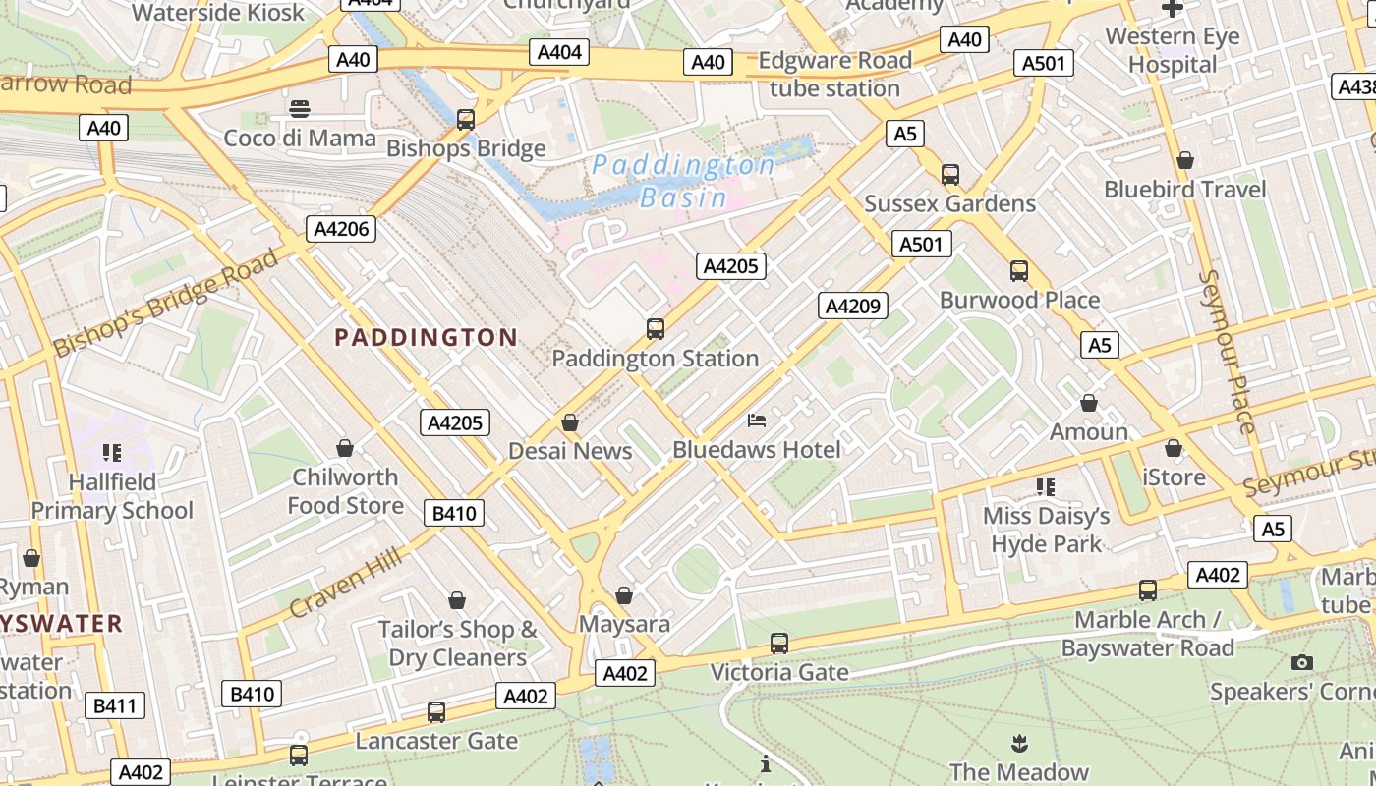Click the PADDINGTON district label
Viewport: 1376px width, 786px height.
426,338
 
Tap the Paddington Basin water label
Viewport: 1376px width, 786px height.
684,181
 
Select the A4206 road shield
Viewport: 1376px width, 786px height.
341,230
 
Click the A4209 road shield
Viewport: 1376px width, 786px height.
853,306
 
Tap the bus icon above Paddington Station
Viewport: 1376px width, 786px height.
656,329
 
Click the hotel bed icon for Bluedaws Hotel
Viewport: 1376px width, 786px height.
757,421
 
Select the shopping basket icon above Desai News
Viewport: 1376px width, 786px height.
570,422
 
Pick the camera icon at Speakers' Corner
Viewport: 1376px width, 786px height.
1302,662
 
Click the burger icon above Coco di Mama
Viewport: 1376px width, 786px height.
300,108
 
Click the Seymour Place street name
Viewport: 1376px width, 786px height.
1228,351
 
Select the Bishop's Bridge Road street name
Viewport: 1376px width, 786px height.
166,303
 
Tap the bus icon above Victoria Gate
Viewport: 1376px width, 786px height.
779,644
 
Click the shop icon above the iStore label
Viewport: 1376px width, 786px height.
1174,448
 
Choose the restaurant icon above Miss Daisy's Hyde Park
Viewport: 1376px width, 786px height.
1046,486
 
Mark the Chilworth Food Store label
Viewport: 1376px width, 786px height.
345,491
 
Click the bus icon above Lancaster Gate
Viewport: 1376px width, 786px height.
436,712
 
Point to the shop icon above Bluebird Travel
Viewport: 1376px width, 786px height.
1185,159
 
